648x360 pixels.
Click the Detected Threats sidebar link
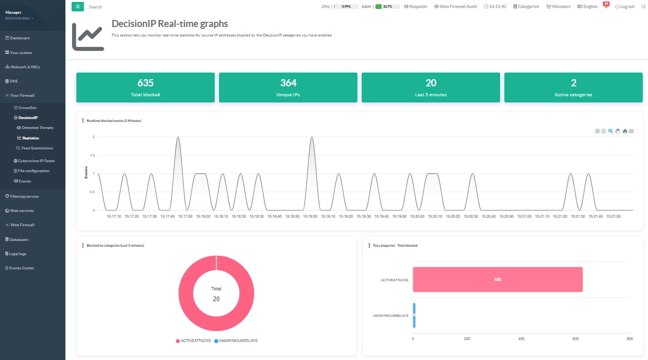coord(37,128)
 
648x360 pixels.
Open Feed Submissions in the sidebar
coord(37,148)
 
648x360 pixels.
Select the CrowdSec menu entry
coord(27,108)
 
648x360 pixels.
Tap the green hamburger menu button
coord(78,7)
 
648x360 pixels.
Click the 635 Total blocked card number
coord(146,83)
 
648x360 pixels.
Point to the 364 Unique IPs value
coord(288,83)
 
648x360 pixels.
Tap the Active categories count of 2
coord(574,83)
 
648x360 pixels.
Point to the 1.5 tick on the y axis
coord(92,155)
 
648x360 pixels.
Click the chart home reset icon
coord(625,131)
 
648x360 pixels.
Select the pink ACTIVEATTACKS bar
coord(497,279)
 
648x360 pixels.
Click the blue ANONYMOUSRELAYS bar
coord(414,315)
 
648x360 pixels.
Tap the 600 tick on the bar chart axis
coord(575,339)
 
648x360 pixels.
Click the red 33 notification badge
coord(606,4)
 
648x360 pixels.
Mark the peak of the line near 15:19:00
coord(311,137)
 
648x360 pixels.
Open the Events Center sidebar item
coord(21,268)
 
